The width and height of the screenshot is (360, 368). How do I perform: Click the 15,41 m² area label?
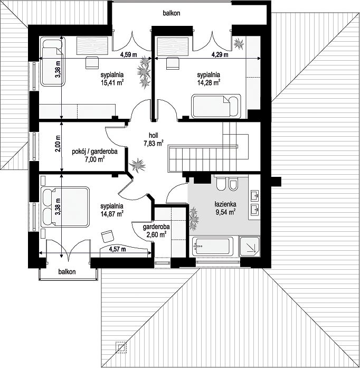pyautogui.click(x=112, y=83)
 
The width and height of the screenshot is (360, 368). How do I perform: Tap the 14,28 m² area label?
pyautogui.click(x=209, y=82)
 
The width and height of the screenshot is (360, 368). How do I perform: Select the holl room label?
pyautogui.click(x=154, y=135)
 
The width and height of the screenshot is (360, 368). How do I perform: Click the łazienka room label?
pyautogui.click(x=225, y=204)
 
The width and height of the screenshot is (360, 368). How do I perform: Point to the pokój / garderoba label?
pyautogui.click(x=94, y=152)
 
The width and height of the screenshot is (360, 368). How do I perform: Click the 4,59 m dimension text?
pyautogui.click(x=128, y=55)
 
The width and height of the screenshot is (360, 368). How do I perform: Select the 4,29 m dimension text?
pyautogui.click(x=220, y=55)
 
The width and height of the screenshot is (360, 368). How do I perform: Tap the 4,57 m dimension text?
pyautogui.click(x=117, y=249)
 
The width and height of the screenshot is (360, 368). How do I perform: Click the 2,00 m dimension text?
pyautogui.click(x=58, y=144)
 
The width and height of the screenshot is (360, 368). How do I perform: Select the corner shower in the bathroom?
pyautogui.click(x=250, y=246)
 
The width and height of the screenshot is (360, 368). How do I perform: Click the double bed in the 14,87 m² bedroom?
pyautogui.click(x=65, y=207)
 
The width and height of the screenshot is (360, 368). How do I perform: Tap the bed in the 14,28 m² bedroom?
pyautogui.click(x=216, y=106)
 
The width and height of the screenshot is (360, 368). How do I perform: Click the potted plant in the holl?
pyautogui.click(x=137, y=165)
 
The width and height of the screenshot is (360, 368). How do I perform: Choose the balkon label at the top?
pyautogui.click(x=172, y=13)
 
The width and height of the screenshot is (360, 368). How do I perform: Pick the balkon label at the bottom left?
pyautogui.click(x=67, y=272)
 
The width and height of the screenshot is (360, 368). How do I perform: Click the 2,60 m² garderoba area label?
pyautogui.click(x=157, y=234)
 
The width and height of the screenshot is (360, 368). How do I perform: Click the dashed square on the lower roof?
pyautogui.click(x=121, y=347)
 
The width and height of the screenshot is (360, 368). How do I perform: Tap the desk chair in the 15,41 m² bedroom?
pyautogui.click(x=92, y=62)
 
